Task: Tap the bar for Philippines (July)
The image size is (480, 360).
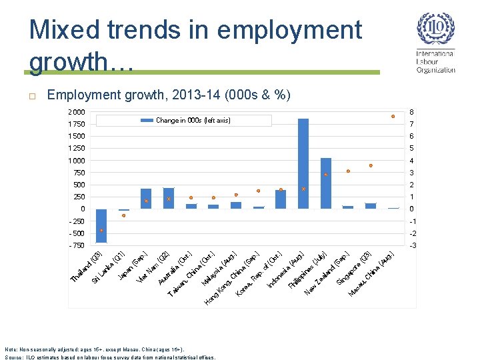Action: click(x=326, y=183)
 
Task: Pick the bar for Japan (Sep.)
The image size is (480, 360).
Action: click(x=146, y=199)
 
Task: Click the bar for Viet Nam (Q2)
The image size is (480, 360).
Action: click(x=169, y=198)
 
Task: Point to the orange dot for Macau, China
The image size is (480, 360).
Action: click(x=393, y=117)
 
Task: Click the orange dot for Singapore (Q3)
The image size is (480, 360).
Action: click(x=371, y=165)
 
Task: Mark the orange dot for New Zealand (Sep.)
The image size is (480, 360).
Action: click(x=348, y=171)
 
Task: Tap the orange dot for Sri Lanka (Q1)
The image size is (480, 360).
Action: click(x=124, y=215)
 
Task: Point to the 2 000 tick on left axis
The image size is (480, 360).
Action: click(x=77, y=112)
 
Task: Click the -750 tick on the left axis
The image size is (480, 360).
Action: click(x=77, y=245)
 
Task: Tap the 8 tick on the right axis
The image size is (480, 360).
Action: click(x=412, y=112)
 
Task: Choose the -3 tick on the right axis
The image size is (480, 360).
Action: click(x=412, y=245)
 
